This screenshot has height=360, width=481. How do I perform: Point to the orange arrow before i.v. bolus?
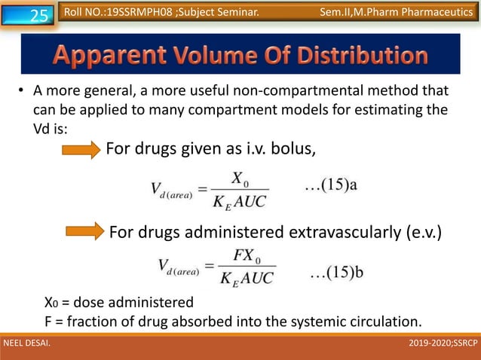(x=80, y=151)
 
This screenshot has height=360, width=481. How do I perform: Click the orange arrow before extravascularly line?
(x=84, y=231)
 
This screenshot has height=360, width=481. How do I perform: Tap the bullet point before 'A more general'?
(x=22, y=93)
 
